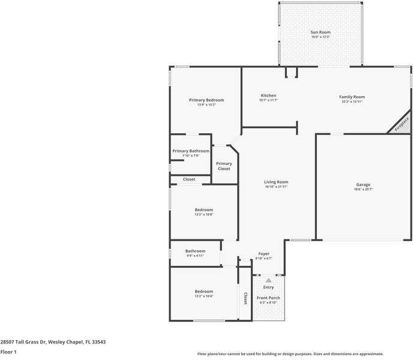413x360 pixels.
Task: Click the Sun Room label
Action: point(321,32)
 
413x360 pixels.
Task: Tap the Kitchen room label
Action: point(268,96)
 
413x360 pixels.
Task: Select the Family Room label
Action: point(352,97)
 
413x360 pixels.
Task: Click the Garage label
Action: point(363,185)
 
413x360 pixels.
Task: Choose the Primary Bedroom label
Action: point(206,100)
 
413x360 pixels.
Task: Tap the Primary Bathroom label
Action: point(191,151)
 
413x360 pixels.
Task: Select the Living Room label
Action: point(276,182)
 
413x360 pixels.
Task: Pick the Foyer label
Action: point(264,254)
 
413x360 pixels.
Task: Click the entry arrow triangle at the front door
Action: point(268,280)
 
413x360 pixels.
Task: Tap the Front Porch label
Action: point(268,298)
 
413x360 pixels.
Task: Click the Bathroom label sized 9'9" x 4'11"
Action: point(195,251)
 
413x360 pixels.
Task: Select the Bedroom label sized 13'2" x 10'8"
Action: point(203,210)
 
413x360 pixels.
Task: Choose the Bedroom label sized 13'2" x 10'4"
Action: point(203,292)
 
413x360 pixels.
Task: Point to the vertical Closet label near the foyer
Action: point(245,298)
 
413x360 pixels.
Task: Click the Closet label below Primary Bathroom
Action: point(189,179)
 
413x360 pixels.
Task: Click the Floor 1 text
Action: point(8,352)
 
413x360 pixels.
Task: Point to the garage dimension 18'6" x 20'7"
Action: point(363,190)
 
